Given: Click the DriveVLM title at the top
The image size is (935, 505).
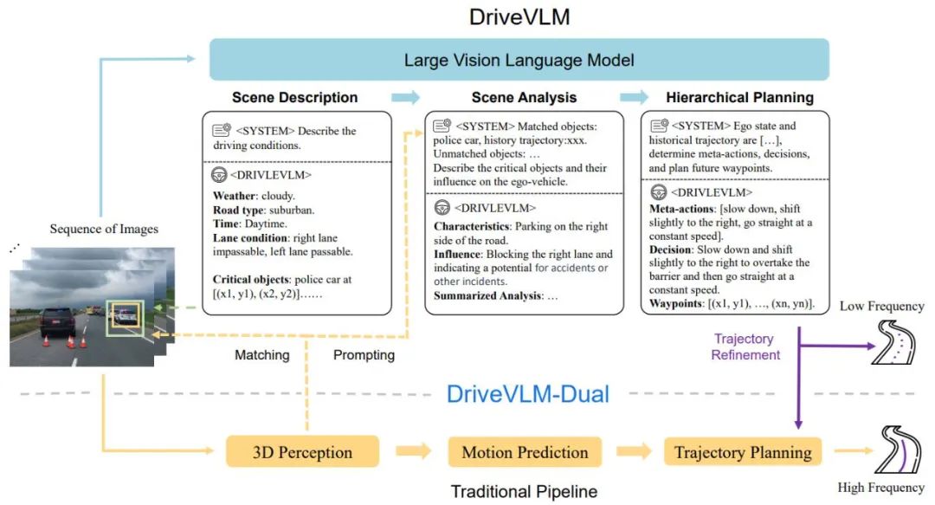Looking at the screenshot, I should click(519, 17).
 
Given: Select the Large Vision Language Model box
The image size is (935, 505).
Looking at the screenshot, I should click(519, 60).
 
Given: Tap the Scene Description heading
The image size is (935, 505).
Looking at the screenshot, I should click(294, 98).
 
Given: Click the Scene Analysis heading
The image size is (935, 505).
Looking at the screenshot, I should click(524, 98).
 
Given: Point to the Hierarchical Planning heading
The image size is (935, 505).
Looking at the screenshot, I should click(739, 98).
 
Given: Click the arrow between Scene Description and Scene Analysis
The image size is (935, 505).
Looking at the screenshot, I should click(404, 97).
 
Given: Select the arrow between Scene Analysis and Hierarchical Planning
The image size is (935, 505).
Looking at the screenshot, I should click(633, 97).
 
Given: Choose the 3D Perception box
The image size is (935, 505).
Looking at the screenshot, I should click(302, 452).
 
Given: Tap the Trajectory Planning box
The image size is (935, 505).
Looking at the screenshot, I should click(743, 452).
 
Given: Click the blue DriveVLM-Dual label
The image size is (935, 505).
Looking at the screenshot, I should click(527, 395).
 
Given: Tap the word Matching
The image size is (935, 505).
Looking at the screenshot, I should click(261, 355).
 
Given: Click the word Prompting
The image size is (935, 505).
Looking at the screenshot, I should click(364, 355).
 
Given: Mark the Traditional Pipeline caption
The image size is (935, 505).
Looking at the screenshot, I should click(524, 492).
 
